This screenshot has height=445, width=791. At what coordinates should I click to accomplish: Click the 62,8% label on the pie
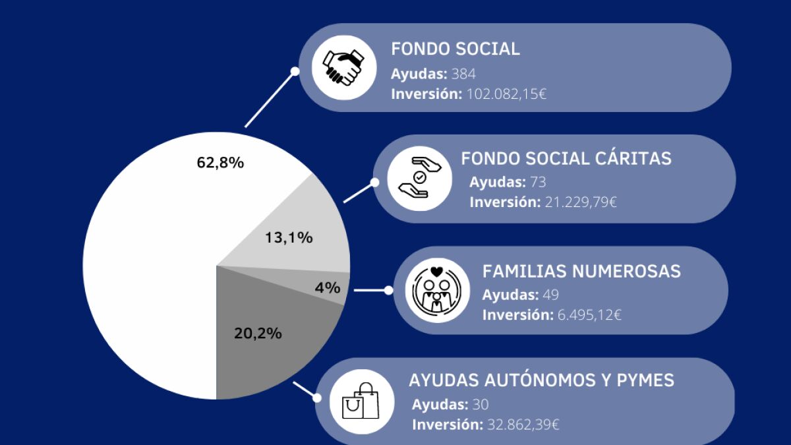click(x=220, y=162)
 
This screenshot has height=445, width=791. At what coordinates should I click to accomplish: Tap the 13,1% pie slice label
click(x=289, y=238)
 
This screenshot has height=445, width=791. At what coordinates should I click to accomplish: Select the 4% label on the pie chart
click(x=327, y=287)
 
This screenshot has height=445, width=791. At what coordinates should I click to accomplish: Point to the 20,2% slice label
click(x=258, y=333)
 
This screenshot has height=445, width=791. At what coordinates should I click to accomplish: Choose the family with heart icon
click(x=436, y=290)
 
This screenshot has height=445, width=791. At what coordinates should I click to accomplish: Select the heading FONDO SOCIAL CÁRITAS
click(x=566, y=159)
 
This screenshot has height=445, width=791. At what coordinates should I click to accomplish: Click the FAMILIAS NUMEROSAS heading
click(x=581, y=272)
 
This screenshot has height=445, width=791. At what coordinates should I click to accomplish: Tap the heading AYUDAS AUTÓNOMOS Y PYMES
click(x=541, y=380)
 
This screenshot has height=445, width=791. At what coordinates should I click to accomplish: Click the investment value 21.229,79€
click(x=581, y=202)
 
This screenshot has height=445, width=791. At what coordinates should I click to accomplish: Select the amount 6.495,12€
click(x=589, y=315)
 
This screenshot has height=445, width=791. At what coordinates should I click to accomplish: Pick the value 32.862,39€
click(x=522, y=425)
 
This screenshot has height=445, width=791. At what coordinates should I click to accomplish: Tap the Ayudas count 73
click(x=538, y=182)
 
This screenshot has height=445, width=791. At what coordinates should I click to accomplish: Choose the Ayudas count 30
click(x=480, y=404)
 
